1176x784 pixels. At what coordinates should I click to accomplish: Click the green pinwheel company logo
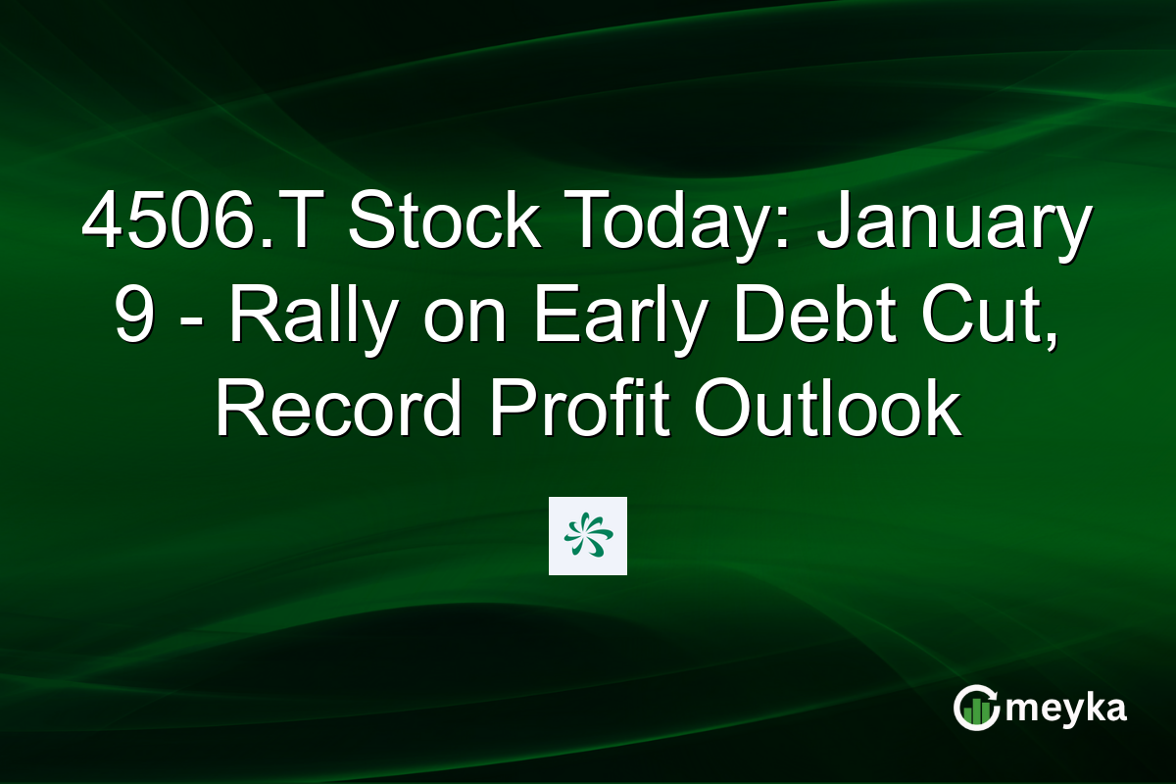(588, 535)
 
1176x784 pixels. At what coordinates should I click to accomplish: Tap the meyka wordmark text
(1068, 708)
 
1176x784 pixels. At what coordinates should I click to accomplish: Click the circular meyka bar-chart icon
(976, 708)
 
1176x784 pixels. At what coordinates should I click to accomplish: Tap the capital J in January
(831, 223)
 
